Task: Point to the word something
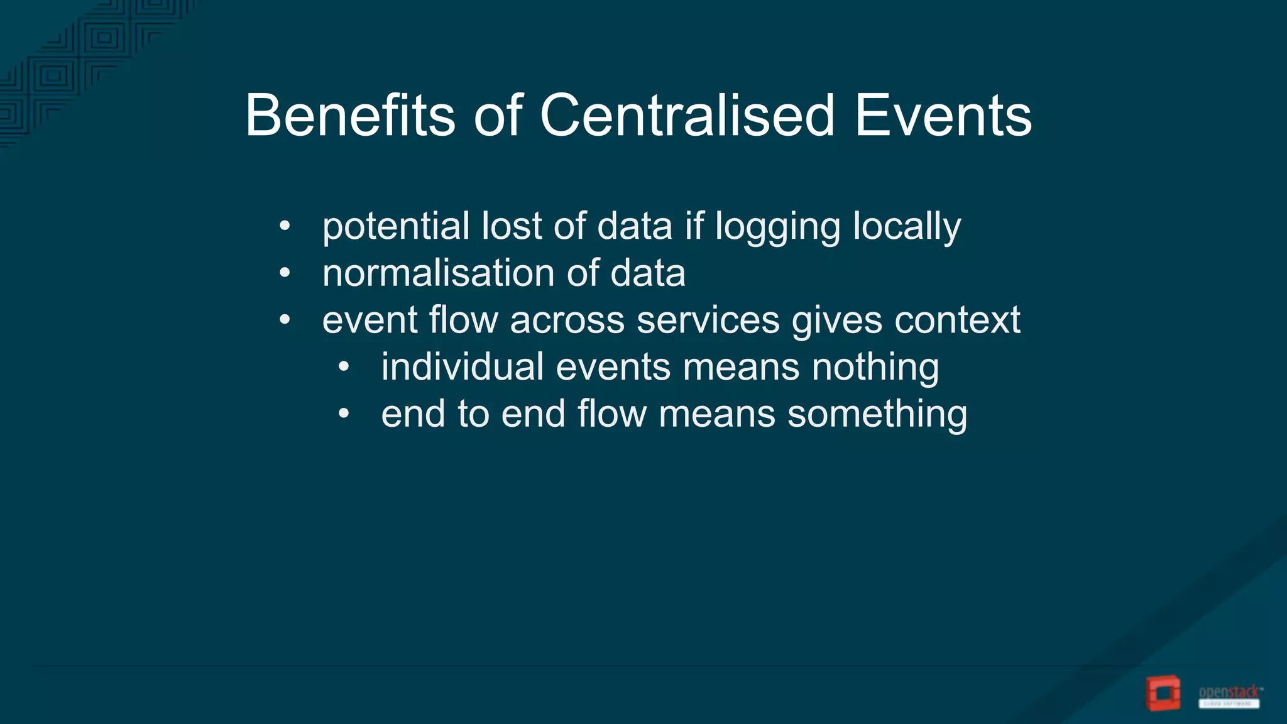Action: pos(877,415)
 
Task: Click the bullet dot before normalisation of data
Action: pos(285,273)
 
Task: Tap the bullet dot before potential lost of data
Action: pos(285,226)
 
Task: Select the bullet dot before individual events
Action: pos(343,367)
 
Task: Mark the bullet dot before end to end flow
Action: pos(343,414)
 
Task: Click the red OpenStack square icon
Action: pos(1163,693)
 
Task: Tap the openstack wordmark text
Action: pos(1229,693)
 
